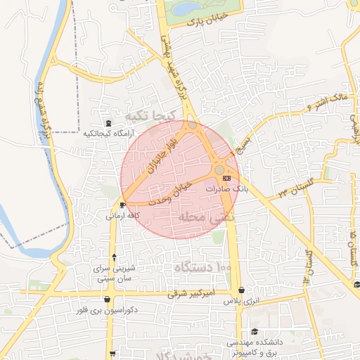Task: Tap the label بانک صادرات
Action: click(228, 190)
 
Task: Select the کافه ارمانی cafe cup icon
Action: click(123, 205)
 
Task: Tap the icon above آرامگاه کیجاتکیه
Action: click(108, 123)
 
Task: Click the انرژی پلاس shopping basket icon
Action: click(241, 290)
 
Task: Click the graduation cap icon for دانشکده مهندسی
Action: click(254, 332)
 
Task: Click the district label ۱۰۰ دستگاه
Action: click(203, 267)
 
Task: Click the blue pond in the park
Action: click(186, 8)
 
